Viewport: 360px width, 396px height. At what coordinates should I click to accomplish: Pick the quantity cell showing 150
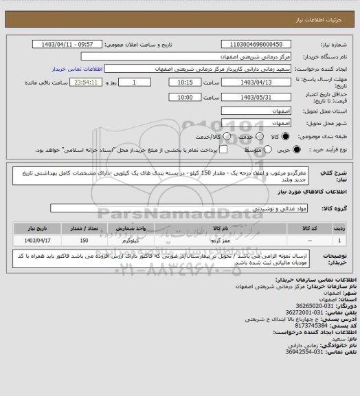(x=83, y=241)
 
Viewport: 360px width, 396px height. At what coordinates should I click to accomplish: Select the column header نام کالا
(x=221, y=226)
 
